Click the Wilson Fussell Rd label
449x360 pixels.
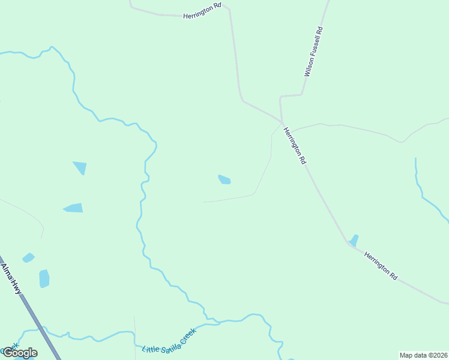[314, 52]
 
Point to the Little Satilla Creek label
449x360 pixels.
[169, 340]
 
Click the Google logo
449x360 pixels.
[19, 353]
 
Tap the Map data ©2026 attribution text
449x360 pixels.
[423, 355]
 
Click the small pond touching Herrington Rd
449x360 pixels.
[354, 240]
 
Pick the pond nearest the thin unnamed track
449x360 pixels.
[224, 179]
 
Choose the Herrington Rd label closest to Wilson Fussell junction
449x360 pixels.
[295, 146]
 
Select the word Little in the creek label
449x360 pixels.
[149, 347]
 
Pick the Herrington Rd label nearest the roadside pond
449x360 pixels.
[381, 266]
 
